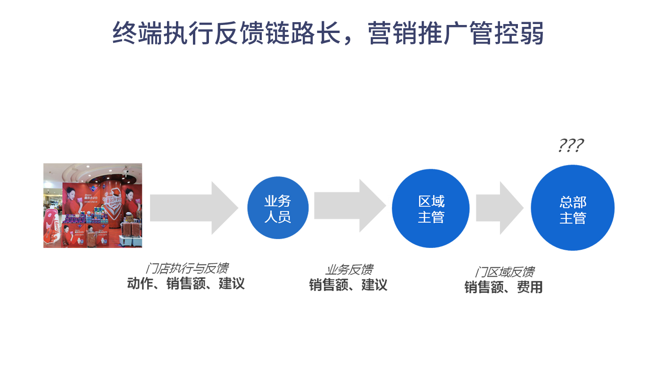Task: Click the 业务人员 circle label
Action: [x=277, y=209]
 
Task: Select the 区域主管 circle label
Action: [x=431, y=209]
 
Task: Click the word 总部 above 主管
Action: [x=573, y=202]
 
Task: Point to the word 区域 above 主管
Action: [x=431, y=201]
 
